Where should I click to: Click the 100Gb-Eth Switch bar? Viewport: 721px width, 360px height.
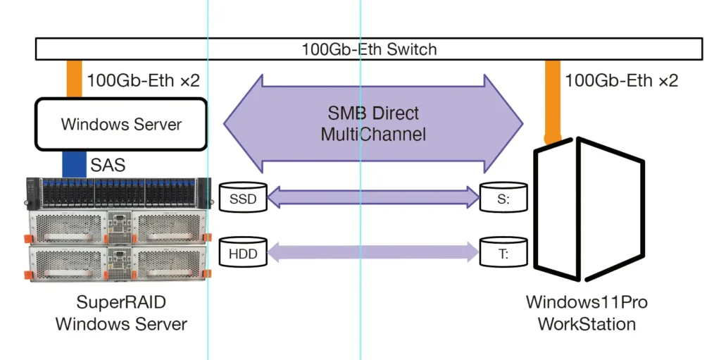point(369,49)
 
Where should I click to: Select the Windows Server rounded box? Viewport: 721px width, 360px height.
point(121,125)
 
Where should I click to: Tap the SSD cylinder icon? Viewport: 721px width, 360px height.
point(243,199)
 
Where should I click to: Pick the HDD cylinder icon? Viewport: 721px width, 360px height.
point(243,252)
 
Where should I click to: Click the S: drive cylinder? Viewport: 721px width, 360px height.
point(503,199)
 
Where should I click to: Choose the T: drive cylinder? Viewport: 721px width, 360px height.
point(503,252)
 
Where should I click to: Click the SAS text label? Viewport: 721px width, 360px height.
point(108,166)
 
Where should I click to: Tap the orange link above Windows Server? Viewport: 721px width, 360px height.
point(74,79)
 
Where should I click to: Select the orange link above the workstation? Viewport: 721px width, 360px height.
point(553,99)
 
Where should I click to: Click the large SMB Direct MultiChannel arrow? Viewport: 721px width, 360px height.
point(373,123)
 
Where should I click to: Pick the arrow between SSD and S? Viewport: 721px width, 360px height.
point(373,198)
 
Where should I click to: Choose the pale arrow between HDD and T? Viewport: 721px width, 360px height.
point(373,252)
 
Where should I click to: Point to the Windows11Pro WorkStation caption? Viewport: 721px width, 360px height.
point(587,314)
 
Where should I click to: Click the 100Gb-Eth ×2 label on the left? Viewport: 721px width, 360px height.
point(143,80)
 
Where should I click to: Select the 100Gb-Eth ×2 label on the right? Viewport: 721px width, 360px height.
point(621,80)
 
